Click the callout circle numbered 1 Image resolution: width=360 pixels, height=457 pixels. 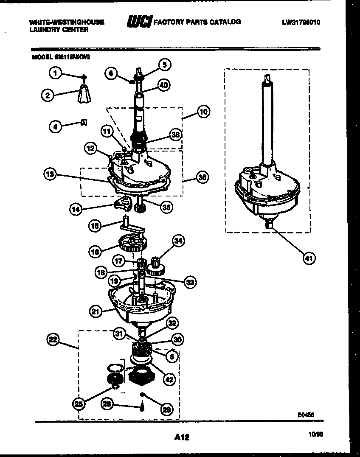click(54, 74)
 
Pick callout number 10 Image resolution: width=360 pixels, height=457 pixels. click(203, 112)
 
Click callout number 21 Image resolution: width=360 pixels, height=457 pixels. click(96, 311)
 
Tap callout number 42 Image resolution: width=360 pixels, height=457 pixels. click(169, 379)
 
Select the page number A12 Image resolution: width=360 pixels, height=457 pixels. click(181, 437)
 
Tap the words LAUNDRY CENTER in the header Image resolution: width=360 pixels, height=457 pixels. click(59, 30)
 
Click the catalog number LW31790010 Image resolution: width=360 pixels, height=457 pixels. click(301, 22)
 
